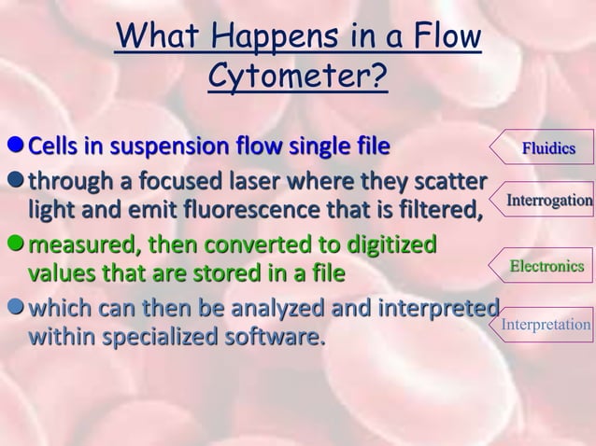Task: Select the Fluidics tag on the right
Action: [x=548, y=147]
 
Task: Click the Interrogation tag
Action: [x=548, y=200]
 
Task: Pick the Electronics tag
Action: [x=546, y=268]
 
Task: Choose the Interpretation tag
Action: [x=546, y=325]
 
